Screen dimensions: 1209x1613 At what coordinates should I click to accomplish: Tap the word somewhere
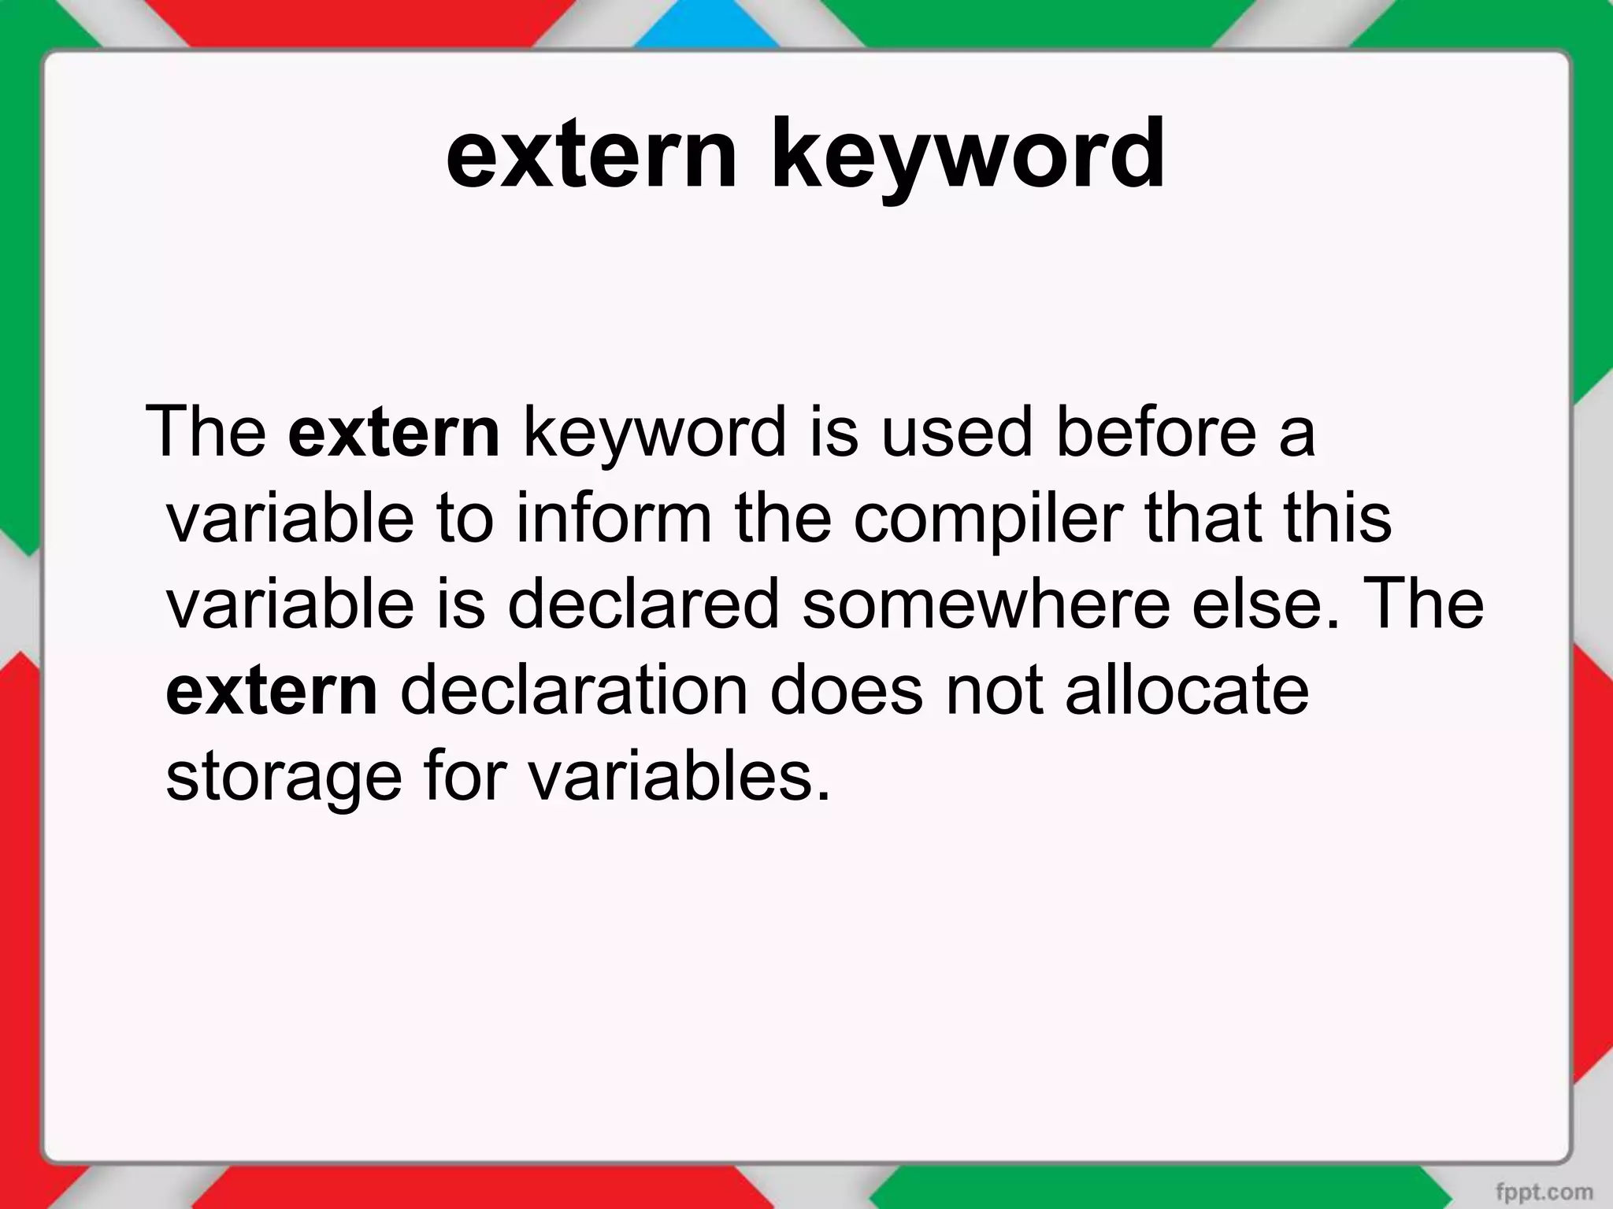(985, 604)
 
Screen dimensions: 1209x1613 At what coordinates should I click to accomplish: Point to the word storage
(284, 778)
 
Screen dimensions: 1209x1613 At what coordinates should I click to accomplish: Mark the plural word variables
(678, 776)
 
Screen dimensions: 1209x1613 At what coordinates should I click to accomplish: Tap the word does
(846, 690)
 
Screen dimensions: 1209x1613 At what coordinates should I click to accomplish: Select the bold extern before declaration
(273, 690)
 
